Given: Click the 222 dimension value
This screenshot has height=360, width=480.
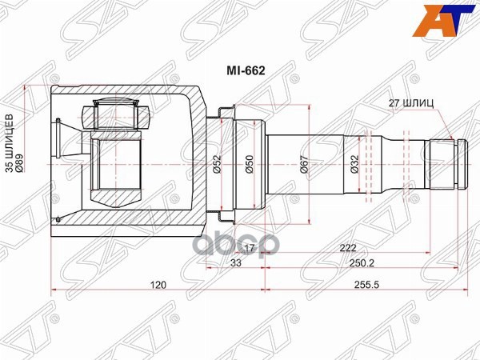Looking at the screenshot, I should tap(346, 249).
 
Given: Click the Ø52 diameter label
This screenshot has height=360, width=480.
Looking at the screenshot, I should tap(217, 165).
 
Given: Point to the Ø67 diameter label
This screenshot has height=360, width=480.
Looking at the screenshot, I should tap(305, 165).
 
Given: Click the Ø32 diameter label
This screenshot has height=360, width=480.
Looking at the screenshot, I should tap(354, 165).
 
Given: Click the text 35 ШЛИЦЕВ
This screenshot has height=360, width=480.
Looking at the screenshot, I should tap(10, 144).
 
